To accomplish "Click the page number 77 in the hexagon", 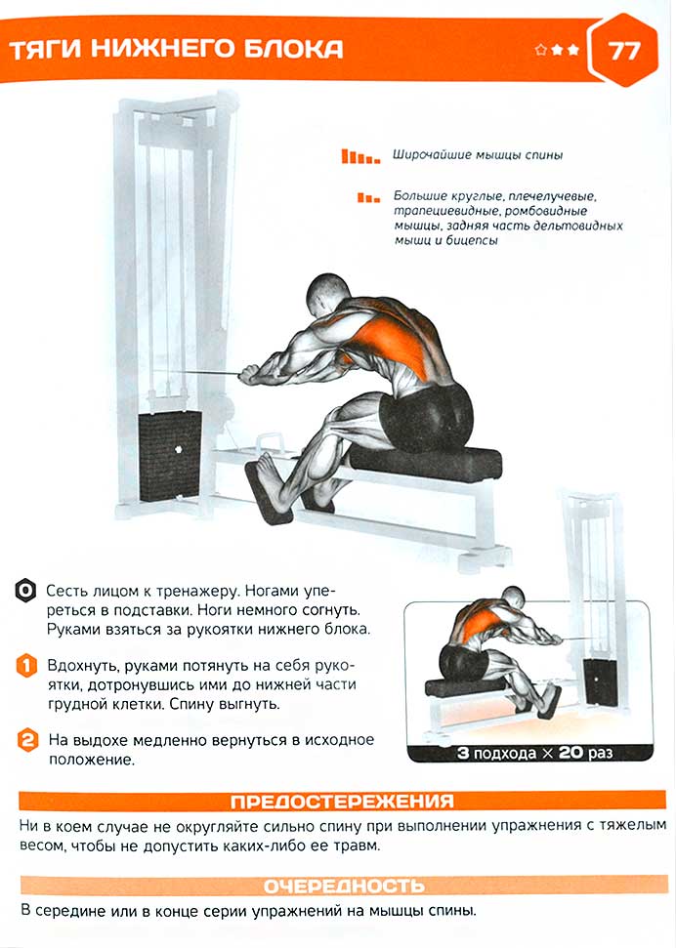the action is (623, 50).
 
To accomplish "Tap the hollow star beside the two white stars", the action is (541, 50).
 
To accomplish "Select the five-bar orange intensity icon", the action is (360, 156).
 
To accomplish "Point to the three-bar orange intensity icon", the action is (368, 197).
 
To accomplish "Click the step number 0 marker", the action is (25, 591).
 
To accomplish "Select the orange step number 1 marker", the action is (26, 666).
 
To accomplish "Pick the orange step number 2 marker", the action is (27, 740).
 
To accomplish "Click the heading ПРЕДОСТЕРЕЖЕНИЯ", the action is (342, 802).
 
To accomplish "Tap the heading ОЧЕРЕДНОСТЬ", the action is (344, 886).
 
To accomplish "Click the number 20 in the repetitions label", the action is (570, 753).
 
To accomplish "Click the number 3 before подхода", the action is (463, 754).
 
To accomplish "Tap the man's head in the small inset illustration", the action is (513, 598).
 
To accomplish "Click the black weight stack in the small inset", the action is (600, 681).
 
